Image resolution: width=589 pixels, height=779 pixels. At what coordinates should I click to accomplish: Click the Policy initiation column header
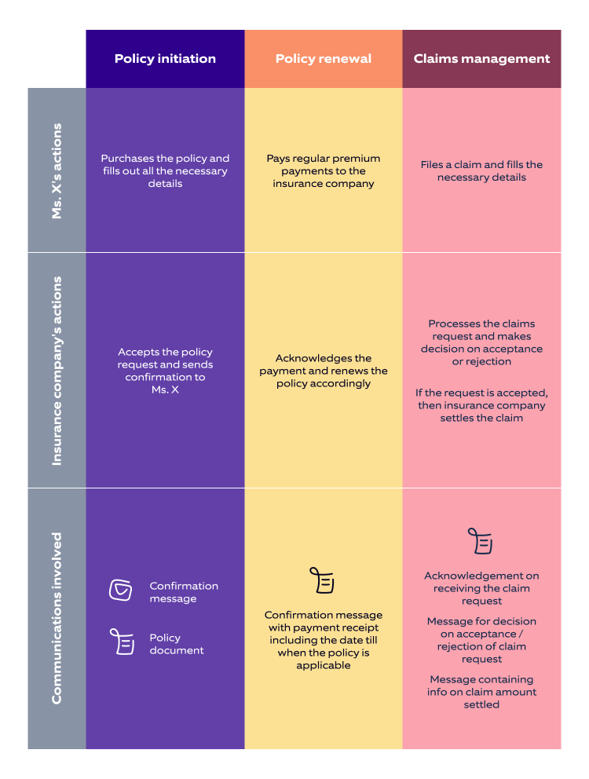[x=165, y=59]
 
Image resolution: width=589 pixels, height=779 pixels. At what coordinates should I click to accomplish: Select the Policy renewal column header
[x=323, y=59]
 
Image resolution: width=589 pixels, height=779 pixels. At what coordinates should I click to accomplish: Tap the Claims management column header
[x=481, y=59]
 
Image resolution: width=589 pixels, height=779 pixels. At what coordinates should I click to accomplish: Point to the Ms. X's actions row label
[x=57, y=170]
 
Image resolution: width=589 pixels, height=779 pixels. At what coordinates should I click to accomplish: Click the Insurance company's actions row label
[x=57, y=370]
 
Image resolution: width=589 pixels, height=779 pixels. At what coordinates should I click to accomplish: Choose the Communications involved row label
[x=57, y=618]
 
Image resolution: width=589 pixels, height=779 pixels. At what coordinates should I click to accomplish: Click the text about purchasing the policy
[x=165, y=170]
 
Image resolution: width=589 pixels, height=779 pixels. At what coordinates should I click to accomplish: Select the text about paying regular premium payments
[x=323, y=170]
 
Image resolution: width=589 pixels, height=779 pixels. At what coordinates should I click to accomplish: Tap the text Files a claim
[x=481, y=170]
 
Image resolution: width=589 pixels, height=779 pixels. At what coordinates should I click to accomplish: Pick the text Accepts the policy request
[x=165, y=371]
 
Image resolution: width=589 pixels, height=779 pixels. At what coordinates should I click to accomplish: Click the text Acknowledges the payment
[x=323, y=371]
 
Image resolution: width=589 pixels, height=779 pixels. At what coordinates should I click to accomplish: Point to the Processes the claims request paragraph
[x=481, y=342]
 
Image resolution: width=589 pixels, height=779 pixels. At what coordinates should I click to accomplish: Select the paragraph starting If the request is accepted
[x=481, y=405]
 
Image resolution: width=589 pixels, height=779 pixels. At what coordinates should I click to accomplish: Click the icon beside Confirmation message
[x=120, y=591]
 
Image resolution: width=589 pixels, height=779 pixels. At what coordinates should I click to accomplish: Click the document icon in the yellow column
[x=322, y=580]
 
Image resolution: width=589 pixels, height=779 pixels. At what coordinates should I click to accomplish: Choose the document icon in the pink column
[x=480, y=541]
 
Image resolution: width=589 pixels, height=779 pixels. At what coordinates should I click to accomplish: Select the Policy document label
[x=177, y=644]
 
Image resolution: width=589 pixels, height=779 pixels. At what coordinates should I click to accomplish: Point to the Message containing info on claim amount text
[x=481, y=692]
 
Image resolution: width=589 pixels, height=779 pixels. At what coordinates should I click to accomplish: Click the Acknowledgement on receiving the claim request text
[x=481, y=588]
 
